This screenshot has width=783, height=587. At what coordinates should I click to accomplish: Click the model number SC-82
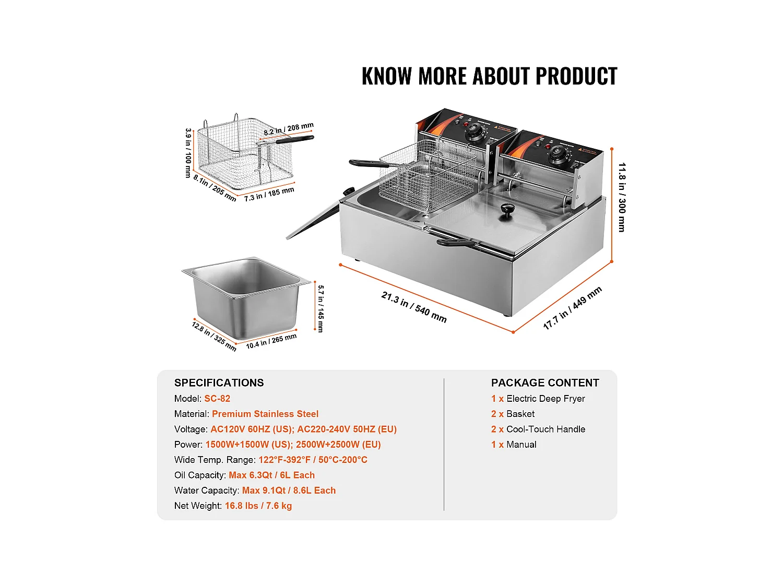click(x=217, y=399)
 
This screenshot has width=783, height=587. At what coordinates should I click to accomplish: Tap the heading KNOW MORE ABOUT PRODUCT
click(x=489, y=76)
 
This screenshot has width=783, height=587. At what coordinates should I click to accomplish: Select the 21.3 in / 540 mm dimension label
click(x=414, y=307)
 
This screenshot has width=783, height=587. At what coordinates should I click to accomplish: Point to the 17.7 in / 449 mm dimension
click(x=572, y=308)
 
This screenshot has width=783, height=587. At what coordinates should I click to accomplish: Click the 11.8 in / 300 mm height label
click(x=622, y=197)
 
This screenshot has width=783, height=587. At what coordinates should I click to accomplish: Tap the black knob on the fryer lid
click(x=507, y=211)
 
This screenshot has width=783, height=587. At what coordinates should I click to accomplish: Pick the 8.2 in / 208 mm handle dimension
click(x=289, y=129)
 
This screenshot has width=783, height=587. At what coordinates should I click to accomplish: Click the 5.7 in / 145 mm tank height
click(x=321, y=309)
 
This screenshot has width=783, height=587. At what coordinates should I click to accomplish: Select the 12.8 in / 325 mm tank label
click(x=214, y=337)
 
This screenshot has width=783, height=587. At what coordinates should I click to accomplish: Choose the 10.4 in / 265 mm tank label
click(x=271, y=341)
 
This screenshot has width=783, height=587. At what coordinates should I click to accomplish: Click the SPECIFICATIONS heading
click(x=219, y=383)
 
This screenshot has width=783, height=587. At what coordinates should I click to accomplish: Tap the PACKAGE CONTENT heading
click(x=545, y=383)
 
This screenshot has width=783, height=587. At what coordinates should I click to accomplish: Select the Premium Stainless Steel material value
click(x=265, y=414)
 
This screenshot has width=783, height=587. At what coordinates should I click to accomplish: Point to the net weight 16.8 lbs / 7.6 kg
click(x=258, y=506)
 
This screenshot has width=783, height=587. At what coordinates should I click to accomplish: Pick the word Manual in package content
click(x=521, y=445)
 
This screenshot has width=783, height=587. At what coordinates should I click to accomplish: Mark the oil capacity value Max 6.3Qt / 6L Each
click(x=271, y=475)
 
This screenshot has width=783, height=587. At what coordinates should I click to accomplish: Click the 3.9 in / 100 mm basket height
click(x=188, y=153)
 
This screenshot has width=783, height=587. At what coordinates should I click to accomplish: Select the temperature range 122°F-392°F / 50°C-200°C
click(x=313, y=460)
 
